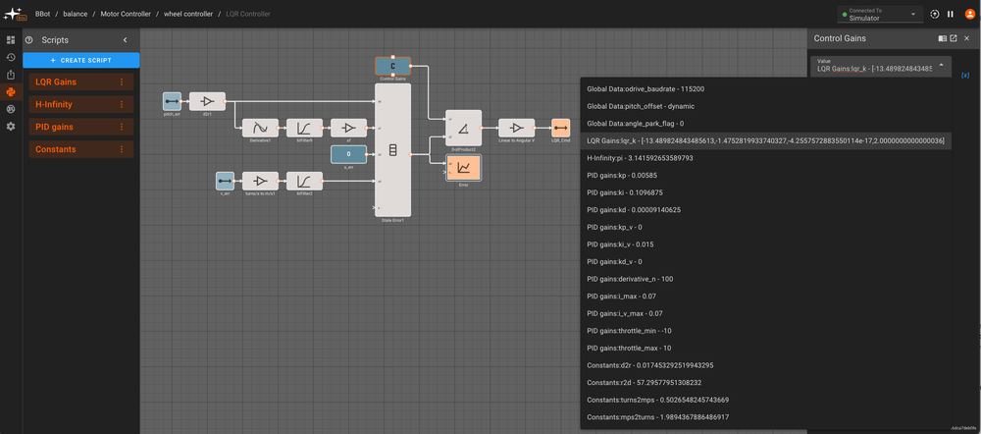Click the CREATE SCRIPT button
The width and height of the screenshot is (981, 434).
tap(81, 60)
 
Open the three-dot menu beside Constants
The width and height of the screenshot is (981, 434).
tap(122, 149)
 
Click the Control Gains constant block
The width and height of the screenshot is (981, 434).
tap(392, 67)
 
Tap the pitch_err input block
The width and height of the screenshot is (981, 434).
tap(172, 101)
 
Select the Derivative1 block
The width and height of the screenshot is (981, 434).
tap(261, 128)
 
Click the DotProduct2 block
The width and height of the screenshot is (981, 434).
tap(463, 128)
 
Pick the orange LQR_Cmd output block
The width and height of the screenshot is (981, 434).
tap(560, 128)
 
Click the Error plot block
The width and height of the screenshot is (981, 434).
tap(463, 168)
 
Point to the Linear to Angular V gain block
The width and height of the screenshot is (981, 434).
tap(516, 128)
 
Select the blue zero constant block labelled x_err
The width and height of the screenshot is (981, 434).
tap(348, 154)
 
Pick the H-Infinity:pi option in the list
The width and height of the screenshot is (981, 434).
tap(640, 157)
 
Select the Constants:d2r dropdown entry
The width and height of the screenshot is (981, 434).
tap(650, 364)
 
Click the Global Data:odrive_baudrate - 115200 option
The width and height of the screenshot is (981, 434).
tap(645, 88)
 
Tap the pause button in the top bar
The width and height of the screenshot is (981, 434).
tap(950, 14)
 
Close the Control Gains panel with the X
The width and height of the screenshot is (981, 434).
tap(966, 38)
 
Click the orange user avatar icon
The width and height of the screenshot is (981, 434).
tap(967, 14)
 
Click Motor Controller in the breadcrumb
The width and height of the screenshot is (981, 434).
tap(126, 14)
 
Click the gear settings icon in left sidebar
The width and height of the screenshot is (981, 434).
tap(11, 127)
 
